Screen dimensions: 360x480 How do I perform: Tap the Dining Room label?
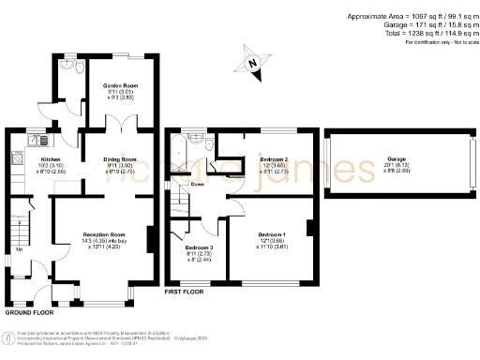tap(119, 159)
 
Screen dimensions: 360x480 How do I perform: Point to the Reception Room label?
tap(104, 233)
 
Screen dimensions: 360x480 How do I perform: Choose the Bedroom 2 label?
tap(273, 159)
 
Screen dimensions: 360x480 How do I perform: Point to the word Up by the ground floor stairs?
tap(20, 249)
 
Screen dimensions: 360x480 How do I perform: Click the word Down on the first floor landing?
tap(198, 185)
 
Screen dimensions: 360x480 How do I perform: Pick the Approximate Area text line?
tap(409, 17)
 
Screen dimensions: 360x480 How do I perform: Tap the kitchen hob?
tap(18, 160)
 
